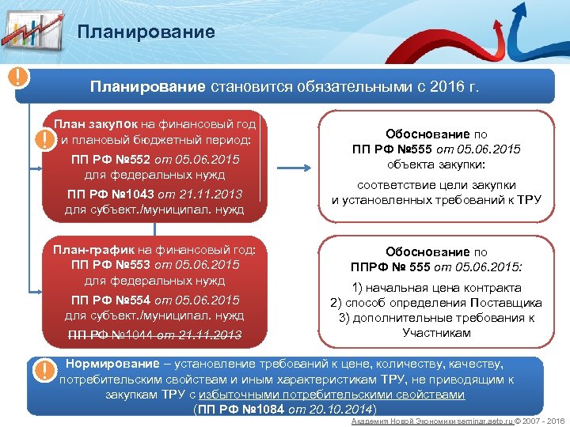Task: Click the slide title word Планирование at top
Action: click(x=146, y=32)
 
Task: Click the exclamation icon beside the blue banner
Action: click(x=17, y=78)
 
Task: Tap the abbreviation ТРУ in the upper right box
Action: click(x=526, y=199)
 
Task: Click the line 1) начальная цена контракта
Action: click(x=436, y=288)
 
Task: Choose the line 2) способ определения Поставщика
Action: click(x=436, y=303)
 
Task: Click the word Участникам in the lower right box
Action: click(x=436, y=333)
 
